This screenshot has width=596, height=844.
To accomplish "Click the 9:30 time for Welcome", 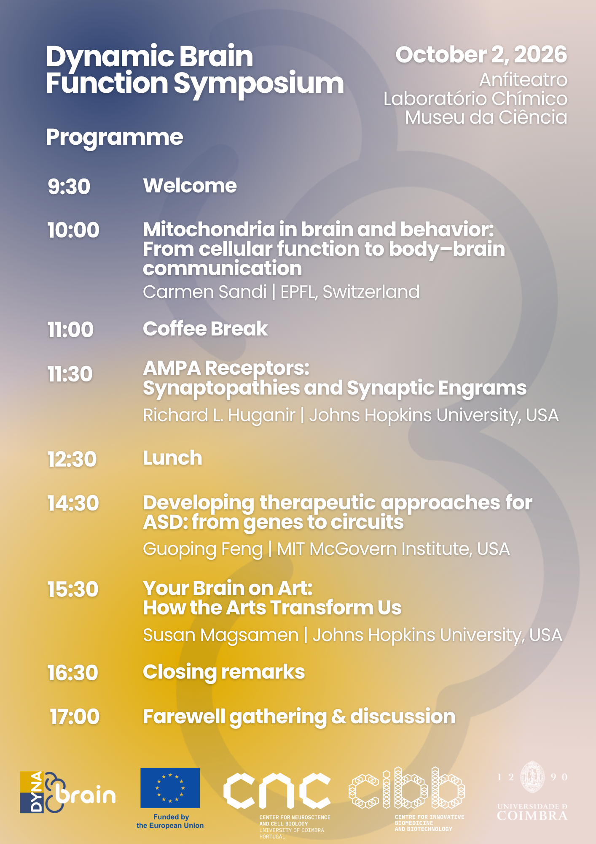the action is pyautogui.click(x=69, y=187).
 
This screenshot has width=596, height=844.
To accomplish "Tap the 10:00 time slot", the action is pyautogui.click(x=73, y=230).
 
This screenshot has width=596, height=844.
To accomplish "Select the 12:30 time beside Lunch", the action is pyautogui.click(x=72, y=459).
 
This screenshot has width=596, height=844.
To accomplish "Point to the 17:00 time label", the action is pyautogui.click(x=75, y=717).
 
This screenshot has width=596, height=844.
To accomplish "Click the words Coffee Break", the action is pyautogui.click(x=205, y=329).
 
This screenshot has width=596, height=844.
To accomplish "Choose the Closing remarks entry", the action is pyautogui.click(x=224, y=672).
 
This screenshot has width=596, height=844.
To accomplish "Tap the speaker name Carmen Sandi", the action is pyautogui.click(x=205, y=292).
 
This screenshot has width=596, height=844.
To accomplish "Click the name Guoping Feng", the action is pyautogui.click(x=203, y=549).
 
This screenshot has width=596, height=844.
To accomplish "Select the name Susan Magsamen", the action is pyautogui.click(x=221, y=635).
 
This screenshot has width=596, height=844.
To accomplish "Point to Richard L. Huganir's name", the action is pyautogui.click(x=219, y=415).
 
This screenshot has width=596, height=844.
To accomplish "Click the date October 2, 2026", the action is pyautogui.click(x=481, y=55).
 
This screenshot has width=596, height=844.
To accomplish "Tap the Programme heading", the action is pyautogui.click(x=115, y=137).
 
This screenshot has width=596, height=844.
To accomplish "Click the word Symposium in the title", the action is pyautogui.click(x=259, y=84).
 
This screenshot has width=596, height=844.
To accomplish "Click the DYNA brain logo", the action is pyautogui.click(x=67, y=792).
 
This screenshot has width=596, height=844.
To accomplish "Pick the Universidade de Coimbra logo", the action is pyautogui.click(x=532, y=791).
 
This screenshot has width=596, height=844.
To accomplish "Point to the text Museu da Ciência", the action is pyautogui.click(x=486, y=117).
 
